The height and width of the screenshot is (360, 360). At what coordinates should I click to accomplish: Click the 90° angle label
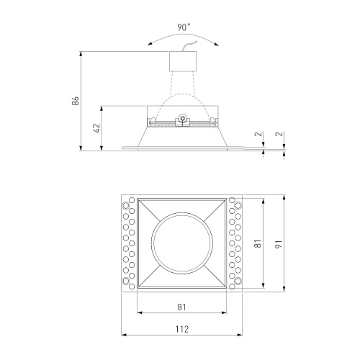[x=184, y=27]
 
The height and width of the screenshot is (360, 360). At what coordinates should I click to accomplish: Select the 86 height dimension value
[x=75, y=101]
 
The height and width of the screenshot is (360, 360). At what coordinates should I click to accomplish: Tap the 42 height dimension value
[x=96, y=128]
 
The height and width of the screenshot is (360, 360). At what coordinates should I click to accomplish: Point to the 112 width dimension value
[x=181, y=329]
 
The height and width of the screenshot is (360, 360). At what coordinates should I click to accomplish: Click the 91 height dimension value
[x=279, y=244]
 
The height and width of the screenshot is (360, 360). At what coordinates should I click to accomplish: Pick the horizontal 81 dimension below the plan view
[x=181, y=307]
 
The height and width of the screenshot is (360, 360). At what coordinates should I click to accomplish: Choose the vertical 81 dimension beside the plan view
[x=258, y=243]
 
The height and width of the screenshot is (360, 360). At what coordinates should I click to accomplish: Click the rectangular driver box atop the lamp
[x=183, y=61]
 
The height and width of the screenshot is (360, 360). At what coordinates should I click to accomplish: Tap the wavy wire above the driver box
[x=189, y=45]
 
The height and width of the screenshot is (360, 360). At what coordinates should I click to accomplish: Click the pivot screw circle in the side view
[x=183, y=118]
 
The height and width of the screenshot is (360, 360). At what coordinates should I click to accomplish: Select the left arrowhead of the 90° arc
[x=150, y=44]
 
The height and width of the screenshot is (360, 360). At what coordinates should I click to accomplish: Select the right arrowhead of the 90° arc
[x=217, y=44]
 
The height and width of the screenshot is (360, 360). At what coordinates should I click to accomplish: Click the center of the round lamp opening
[x=182, y=243]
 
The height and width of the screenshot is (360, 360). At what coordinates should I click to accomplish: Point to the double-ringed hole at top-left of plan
[x=125, y=205]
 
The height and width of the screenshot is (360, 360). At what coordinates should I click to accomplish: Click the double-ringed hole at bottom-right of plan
[x=238, y=281]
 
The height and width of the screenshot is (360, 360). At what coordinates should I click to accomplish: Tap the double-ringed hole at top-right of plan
[x=238, y=205]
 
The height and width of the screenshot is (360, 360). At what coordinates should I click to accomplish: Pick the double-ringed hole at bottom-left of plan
[x=125, y=281]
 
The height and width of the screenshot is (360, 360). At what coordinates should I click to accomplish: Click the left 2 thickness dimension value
[x=259, y=134]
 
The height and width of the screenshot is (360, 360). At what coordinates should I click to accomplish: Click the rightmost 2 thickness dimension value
[x=280, y=134]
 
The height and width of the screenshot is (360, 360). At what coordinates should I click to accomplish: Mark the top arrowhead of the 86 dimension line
[x=81, y=54]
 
